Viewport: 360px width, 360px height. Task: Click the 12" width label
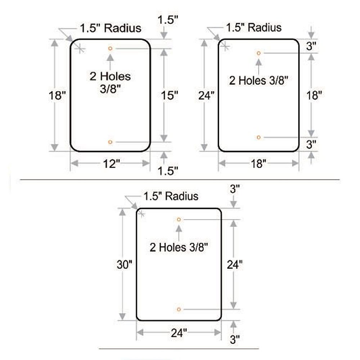(x=111, y=164)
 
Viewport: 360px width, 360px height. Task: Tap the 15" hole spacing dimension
(x=170, y=95)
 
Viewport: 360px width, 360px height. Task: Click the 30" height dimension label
(x=125, y=265)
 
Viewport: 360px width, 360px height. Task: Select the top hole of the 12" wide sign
(x=110, y=49)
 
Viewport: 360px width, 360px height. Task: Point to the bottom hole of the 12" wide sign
(x=110, y=142)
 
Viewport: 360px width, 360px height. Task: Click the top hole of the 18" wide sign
(x=258, y=53)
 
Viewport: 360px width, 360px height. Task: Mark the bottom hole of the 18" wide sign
(x=258, y=137)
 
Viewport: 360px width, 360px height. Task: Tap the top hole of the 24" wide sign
(x=179, y=220)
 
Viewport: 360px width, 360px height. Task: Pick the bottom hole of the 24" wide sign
(x=179, y=310)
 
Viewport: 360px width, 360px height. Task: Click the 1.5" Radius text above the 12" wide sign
(x=111, y=28)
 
